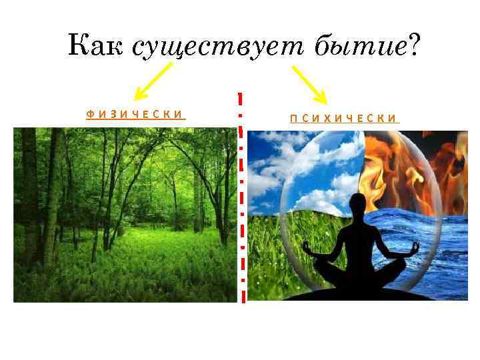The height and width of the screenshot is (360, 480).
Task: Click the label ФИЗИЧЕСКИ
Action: click(x=135, y=115)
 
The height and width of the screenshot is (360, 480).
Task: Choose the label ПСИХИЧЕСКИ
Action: click(x=344, y=119)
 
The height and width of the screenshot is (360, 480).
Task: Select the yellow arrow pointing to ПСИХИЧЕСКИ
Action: click(x=307, y=84)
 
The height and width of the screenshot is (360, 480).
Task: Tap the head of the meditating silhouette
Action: click(x=359, y=204)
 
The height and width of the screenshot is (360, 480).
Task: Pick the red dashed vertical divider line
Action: click(x=241, y=200)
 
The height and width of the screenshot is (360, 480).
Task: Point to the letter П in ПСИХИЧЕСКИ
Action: click(x=293, y=119)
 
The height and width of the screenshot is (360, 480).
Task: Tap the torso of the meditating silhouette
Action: click(x=359, y=237)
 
